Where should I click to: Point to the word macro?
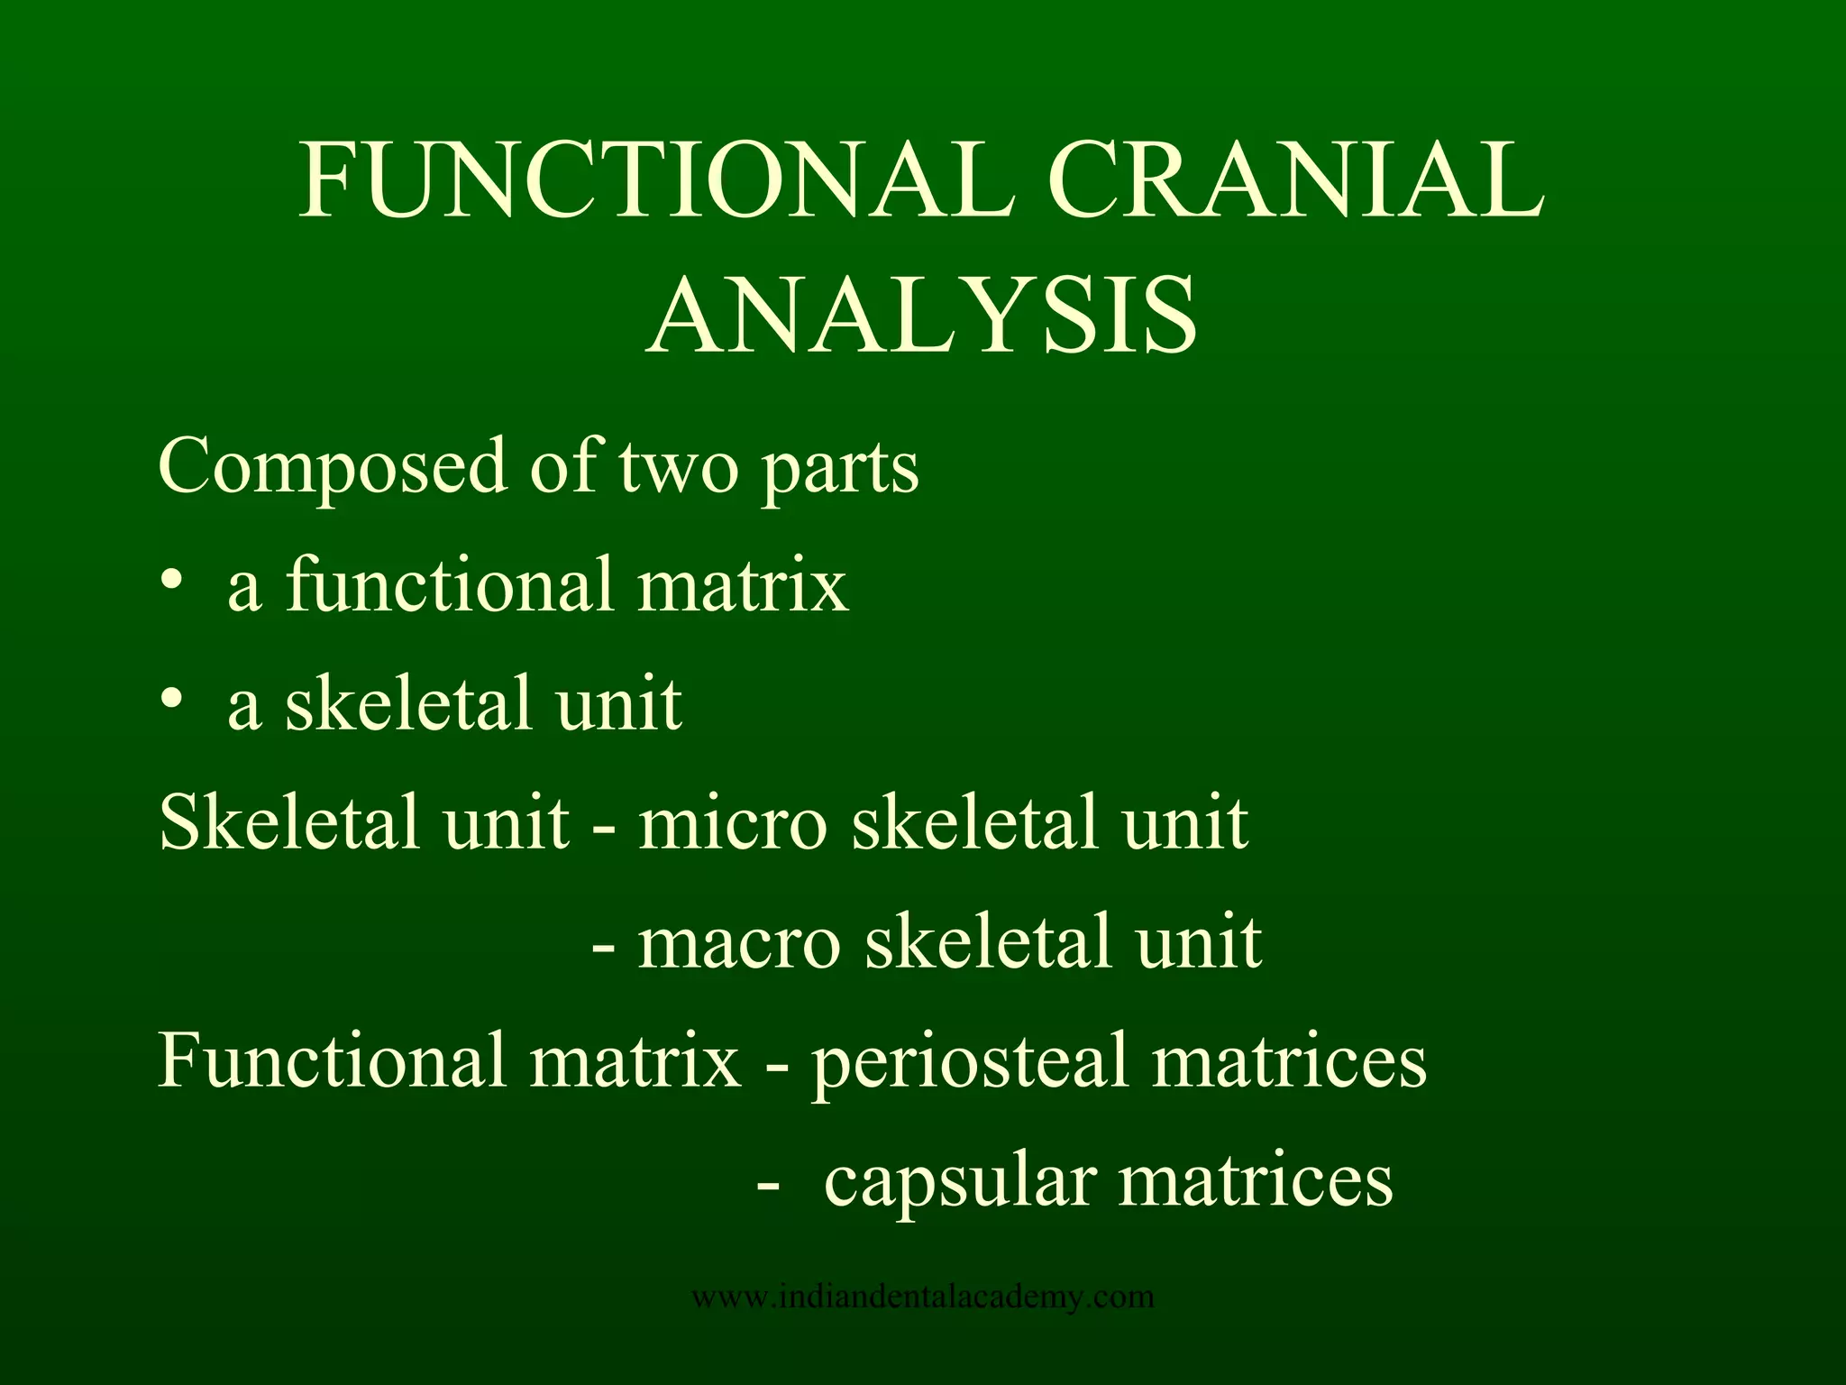point(739,943)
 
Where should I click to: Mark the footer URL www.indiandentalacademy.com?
point(923,1297)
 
